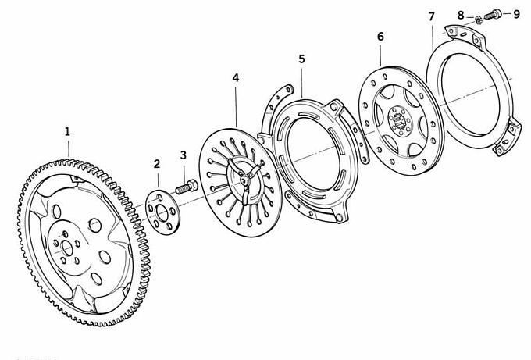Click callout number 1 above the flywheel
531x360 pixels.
(x=67, y=131)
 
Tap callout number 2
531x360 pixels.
(x=156, y=164)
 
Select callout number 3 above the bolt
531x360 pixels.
(x=184, y=155)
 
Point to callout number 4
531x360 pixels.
(x=236, y=78)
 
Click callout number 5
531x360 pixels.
(x=301, y=59)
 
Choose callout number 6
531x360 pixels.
(x=380, y=37)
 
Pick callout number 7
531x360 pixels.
(x=431, y=16)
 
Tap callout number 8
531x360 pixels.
(x=461, y=16)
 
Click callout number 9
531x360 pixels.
(x=516, y=14)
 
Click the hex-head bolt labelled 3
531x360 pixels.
(x=187, y=187)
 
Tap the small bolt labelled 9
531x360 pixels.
(x=492, y=14)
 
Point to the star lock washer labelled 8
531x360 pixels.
(x=479, y=20)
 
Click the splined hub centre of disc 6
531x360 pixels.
(x=400, y=121)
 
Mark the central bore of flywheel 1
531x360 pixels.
(x=67, y=248)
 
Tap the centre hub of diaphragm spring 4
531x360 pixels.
(x=244, y=180)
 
